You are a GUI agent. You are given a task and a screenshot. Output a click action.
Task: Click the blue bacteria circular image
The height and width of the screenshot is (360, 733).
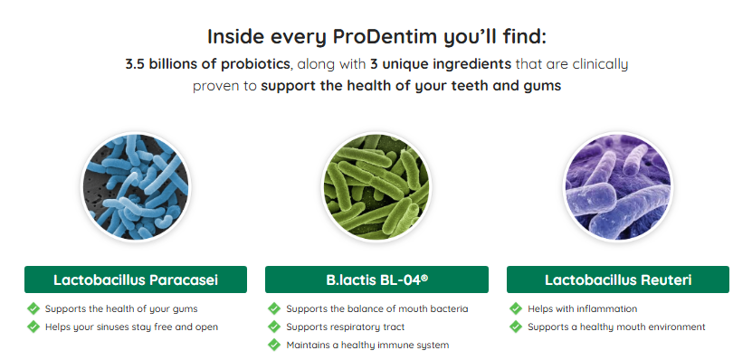[x=136, y=186]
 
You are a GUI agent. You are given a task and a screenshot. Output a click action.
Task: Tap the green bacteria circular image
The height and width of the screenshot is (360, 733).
[x=376, y=186]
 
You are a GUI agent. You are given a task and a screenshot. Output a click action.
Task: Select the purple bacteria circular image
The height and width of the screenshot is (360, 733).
[x=617, y=186]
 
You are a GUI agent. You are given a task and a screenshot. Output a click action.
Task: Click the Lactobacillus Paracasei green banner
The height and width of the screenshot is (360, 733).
[x=136, y=279]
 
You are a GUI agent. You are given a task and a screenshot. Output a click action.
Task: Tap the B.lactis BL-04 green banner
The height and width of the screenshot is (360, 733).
[x=376, y=279]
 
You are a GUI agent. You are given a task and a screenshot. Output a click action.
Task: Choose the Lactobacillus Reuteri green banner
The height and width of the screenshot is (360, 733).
[x=618, y=279]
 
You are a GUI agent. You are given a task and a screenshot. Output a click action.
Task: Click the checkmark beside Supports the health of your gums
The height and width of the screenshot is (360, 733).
[x=33, y=308]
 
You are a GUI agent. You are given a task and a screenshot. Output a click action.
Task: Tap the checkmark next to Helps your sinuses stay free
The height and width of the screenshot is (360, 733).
[x=33, y=327]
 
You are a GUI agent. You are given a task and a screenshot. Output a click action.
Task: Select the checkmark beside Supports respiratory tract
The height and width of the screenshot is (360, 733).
[x=274, y=327]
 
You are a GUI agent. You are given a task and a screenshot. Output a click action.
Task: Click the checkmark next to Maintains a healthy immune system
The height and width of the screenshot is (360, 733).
[x=274, y=345]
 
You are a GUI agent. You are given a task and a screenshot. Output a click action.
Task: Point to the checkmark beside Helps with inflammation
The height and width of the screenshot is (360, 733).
[x=516, y=308]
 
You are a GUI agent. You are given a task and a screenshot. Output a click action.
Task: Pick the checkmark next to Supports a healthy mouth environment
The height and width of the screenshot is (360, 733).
[x=516, y=327]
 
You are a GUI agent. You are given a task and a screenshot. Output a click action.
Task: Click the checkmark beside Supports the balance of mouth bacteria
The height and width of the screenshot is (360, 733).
[x=274, y=308]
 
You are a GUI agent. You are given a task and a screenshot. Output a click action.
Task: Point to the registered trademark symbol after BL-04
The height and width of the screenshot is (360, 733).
[x=424, y=278]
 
